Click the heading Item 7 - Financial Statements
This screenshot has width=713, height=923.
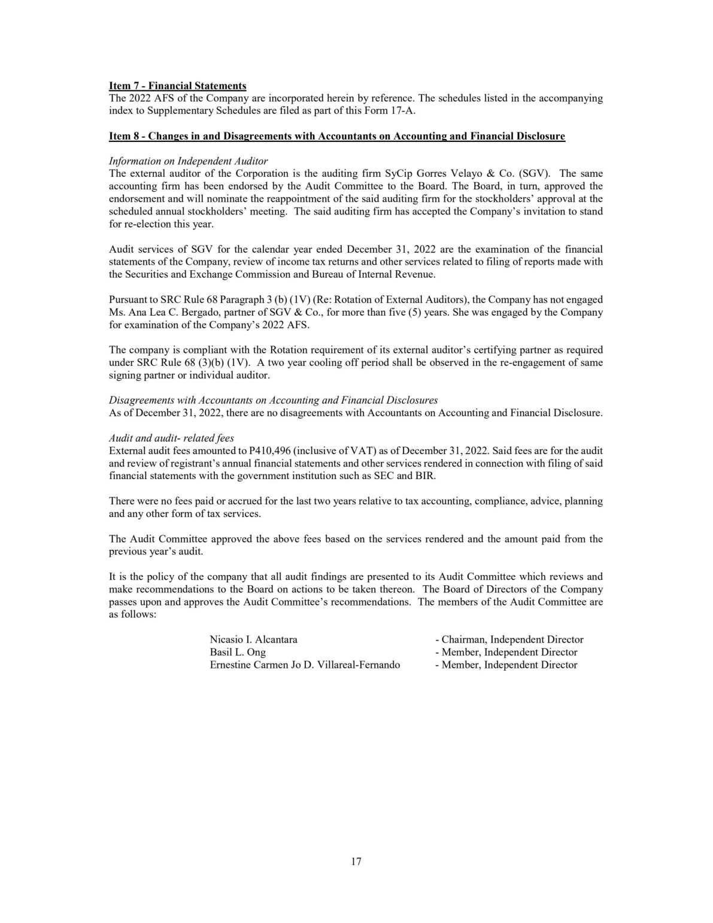[177, 86]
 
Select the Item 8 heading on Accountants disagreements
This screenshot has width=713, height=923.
[336, 137]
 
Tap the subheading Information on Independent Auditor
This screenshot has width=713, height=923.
[188, 161]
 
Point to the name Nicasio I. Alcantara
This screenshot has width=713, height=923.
[253, 640]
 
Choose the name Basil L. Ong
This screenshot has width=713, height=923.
[238, 652]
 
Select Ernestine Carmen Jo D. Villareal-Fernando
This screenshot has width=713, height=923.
[305, 665]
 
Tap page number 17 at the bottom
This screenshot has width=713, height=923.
[356, 862]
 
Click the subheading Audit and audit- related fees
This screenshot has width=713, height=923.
[171, 438]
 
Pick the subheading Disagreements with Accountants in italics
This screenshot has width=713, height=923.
[273, 400]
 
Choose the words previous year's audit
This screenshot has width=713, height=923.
[156, 552]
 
